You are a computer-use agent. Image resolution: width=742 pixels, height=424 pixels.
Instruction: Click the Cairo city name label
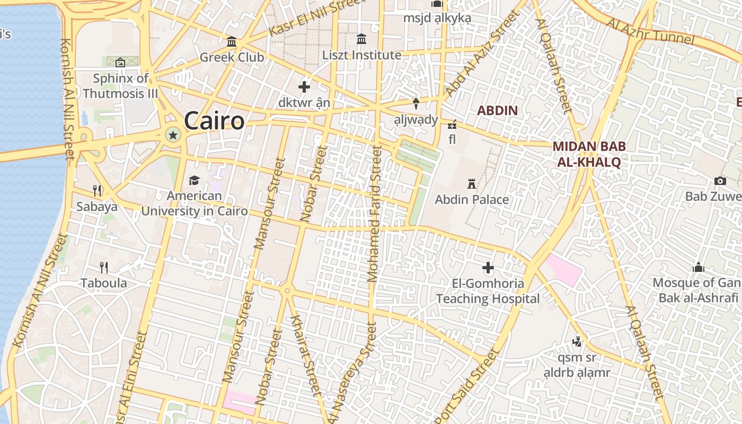(x=214, y=121)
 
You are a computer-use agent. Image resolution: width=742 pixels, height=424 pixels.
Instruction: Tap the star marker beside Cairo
(x=172, y=135)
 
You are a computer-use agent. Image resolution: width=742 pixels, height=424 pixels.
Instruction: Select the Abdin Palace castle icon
(x=471, y=184)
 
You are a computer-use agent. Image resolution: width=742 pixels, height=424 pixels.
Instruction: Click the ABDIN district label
(x=497, y=110)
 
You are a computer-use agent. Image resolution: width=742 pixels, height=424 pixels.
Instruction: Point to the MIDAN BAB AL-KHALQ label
(x=589, y=154)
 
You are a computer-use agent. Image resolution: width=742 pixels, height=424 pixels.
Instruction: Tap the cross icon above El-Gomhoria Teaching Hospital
(x=488, y=268)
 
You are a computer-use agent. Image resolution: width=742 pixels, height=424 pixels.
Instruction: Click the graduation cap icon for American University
(x=194, y=181)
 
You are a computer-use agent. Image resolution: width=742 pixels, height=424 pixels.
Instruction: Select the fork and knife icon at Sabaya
(x=97, y=190)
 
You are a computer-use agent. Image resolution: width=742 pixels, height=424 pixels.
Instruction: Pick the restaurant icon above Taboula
(x=104, y=267)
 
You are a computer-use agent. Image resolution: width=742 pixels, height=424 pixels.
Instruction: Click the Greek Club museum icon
(x=232, y=42)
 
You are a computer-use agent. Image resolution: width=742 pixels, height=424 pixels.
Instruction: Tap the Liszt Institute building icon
(x=361, y=39)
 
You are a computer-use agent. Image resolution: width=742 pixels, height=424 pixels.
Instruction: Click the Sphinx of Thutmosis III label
(x=121, y=86)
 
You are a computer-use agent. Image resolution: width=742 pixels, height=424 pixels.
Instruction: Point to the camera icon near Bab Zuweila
(x=719, y=181)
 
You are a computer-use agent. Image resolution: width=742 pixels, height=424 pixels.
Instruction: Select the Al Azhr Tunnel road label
(x=650, y=31)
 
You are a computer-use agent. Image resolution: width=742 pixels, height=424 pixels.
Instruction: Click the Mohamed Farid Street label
(x=374, y=214)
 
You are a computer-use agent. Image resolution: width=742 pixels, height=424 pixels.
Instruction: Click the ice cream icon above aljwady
(x=416, y=102)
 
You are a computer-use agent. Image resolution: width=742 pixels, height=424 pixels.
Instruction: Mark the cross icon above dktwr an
(x=304, y=86)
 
